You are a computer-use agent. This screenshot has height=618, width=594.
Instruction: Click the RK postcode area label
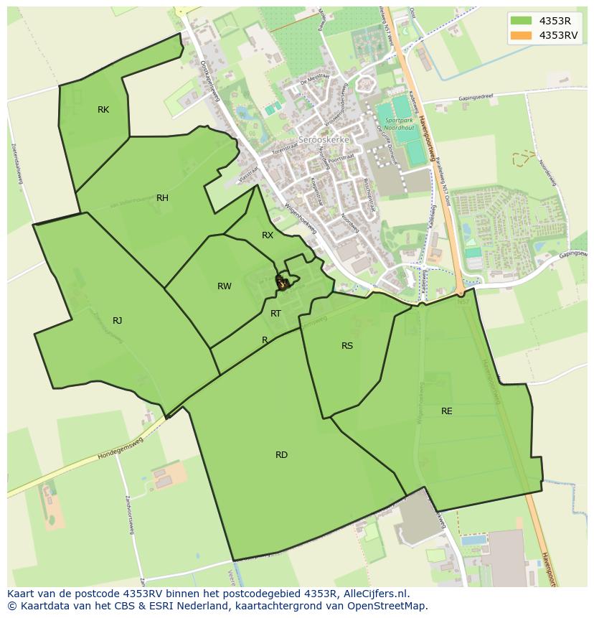(x=103, y=110)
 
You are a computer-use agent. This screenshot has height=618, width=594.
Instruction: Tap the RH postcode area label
(x=162, y=198)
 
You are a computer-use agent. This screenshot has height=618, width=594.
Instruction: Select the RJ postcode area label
(x=117, y=321)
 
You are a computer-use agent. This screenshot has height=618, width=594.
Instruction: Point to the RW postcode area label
(x=225, y=286)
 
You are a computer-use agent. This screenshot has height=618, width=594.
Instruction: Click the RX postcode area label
(x=268, y=235)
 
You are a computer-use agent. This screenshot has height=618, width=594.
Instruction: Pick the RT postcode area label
(x=275, y=314)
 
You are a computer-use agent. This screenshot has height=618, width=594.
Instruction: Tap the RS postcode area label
(x=347, y=346)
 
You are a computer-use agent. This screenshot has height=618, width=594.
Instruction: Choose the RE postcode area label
(x=447, y=411)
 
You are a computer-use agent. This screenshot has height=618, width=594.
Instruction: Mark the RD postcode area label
(x=281, y=455)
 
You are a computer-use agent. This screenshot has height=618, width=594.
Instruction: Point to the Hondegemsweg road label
(x=121, y=448)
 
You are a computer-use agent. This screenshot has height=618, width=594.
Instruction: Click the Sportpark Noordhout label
(x=400, y=125)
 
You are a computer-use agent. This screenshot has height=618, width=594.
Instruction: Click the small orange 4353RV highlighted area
(x=282, y=284)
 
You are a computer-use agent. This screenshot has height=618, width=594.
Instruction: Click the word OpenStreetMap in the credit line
(x=392, y=607)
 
